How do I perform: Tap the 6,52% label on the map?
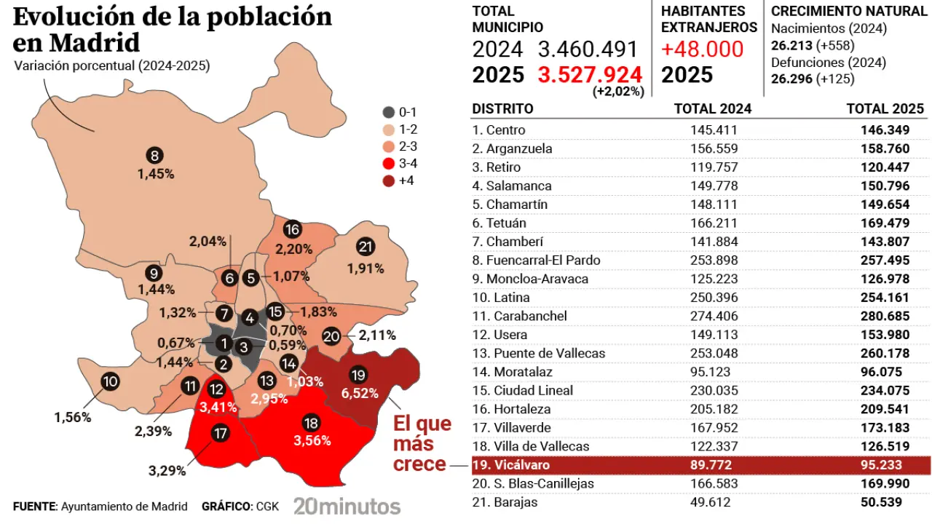(360, 393)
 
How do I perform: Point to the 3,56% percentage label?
(312, 440)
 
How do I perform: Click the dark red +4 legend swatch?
(389, 180)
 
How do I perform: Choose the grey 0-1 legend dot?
(389, 113)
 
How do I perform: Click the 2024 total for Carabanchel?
(714, 316)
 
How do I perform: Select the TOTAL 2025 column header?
(885, 109)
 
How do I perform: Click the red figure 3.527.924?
(590, 74)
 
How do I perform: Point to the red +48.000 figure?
(702, 49)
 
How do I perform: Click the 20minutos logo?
(347, 506)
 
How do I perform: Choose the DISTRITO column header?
(502, 109)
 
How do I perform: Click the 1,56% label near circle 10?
(72, 417)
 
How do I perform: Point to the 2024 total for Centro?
(714, 130)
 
